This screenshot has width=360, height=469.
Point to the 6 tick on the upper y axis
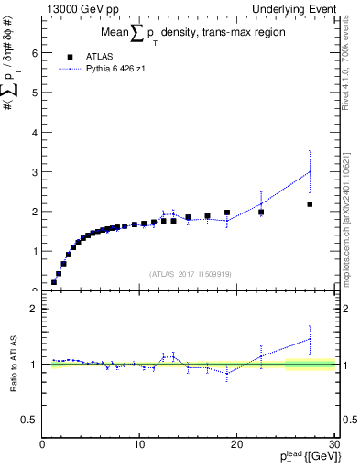[x=36, y=53]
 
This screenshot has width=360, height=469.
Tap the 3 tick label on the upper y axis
[x=36, y=172]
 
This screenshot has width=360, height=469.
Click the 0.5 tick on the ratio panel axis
[x=30, y=420]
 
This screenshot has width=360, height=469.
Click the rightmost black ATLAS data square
[x=310, y=204]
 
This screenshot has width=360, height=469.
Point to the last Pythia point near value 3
[x=310, y=171]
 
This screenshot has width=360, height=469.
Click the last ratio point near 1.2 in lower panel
[x=310, y=339]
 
